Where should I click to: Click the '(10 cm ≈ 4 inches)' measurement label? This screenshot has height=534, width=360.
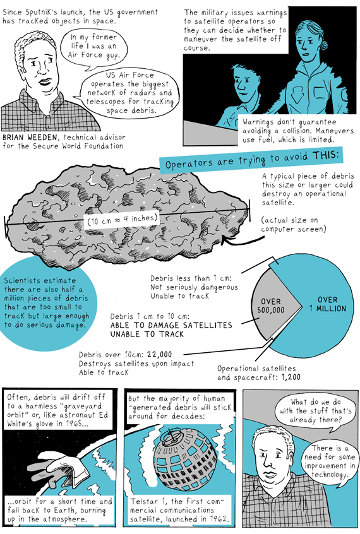(123, 219)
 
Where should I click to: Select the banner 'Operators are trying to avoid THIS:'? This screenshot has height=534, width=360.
(251, 160)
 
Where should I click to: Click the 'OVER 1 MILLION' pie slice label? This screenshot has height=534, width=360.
(328, 304)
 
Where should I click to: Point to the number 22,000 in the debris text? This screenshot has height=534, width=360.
(160, 355)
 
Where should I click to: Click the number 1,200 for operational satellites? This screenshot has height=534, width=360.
(291, 377)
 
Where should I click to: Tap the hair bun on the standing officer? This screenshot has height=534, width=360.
(323, 45)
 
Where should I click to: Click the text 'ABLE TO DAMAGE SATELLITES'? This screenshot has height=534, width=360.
(171, 325)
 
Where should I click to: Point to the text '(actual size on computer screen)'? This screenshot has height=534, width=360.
(294, 225)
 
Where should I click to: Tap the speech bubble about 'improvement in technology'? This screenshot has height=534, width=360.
(330, 461)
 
